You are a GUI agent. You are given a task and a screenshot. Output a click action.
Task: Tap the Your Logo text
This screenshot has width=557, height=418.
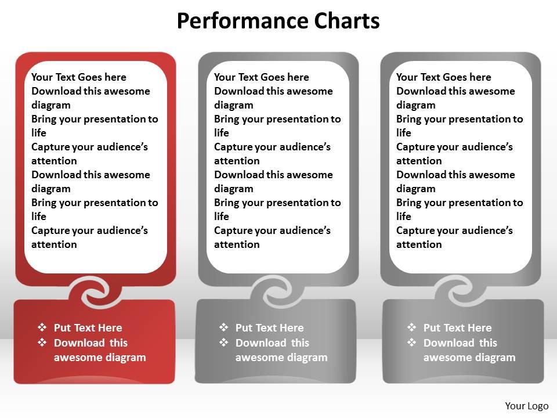point(526,406)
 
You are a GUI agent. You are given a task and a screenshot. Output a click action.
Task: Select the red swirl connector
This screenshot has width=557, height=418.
point(95,292)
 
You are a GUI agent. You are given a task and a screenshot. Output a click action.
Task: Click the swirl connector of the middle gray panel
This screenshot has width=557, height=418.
point(278,292)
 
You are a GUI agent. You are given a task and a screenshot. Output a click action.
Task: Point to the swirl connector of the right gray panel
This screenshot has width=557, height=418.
point(460,292)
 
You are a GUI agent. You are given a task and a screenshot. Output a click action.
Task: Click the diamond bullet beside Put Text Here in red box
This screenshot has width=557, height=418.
point(42,327)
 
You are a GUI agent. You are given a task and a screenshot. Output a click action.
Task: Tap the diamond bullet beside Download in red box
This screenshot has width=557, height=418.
point(42,343)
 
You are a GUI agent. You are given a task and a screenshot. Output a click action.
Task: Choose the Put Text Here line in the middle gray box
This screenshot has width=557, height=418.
point(270,327)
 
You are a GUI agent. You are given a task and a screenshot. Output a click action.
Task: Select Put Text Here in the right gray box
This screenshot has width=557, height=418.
point(458,327)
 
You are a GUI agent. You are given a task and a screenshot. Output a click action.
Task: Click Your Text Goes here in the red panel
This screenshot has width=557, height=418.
point(79,77)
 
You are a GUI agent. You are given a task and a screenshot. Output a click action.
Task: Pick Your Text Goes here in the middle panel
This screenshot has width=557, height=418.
point(262,77)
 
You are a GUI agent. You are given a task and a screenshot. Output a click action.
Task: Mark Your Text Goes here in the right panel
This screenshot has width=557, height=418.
point(444,77)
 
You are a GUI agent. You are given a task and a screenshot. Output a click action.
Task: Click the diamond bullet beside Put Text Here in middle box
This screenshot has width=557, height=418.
point(224,327)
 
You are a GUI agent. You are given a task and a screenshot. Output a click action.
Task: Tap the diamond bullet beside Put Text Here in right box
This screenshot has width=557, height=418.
point(412,327)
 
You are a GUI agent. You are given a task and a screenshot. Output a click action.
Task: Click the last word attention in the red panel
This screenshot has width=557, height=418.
point(54,244)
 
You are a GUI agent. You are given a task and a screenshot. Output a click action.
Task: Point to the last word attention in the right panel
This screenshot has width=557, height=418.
point(419,244)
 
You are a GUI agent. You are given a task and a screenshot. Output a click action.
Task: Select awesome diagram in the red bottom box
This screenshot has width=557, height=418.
point(100,358)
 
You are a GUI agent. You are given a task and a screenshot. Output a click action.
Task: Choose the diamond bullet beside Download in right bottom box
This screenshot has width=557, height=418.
point(412,343)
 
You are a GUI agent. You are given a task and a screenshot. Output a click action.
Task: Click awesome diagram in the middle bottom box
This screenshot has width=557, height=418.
point(281,358)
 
